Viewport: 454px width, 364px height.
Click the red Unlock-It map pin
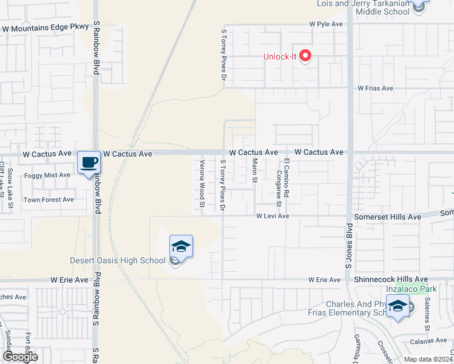305,56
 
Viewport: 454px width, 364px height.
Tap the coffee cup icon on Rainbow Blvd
89,163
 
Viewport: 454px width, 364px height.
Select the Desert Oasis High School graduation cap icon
181,247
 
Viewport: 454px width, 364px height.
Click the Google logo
19,357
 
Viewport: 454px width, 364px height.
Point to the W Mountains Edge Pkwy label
46,28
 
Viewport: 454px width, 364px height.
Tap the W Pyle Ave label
326,25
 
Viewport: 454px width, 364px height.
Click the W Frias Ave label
375,88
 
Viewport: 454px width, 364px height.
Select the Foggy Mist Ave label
47,175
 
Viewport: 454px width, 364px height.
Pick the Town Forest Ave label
49,200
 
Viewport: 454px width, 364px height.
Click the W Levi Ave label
273,216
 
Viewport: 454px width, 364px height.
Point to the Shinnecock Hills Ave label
391,279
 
